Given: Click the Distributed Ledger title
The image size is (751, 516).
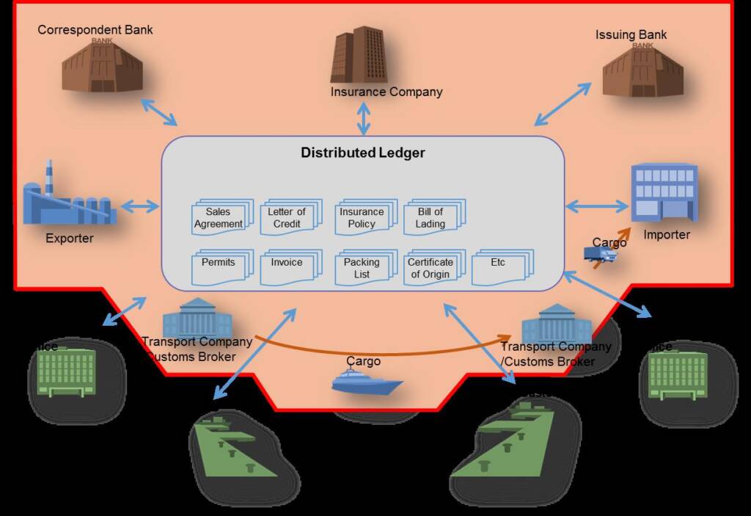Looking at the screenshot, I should [x=362, y=153].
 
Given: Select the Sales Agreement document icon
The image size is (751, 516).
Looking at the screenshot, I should [x=221, y=217].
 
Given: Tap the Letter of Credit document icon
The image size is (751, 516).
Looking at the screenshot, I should [x=289, y=217].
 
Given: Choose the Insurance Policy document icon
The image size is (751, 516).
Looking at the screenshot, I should [x=364, y=217].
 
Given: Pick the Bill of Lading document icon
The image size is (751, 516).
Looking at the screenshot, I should [x=433, y=217].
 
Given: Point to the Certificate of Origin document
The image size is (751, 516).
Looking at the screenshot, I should [x=433, y=268].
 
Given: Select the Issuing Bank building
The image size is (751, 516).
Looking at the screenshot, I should [x=642, y=69].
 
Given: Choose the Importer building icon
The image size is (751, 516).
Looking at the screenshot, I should [x=664, y=192].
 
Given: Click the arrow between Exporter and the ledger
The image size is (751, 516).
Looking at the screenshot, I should [x=139, y=206].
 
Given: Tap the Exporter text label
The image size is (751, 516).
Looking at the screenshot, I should [x=70, y=238].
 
